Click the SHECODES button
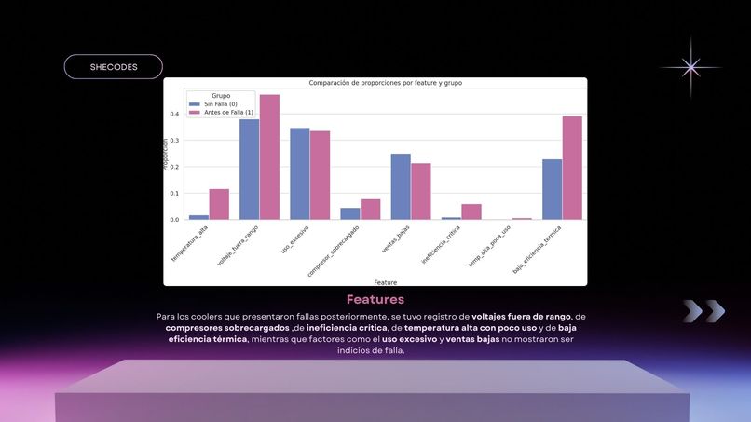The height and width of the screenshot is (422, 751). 113,67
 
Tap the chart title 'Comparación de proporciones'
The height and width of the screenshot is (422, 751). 385,83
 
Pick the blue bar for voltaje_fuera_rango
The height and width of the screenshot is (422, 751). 249,169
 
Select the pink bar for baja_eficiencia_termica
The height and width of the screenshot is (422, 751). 572,168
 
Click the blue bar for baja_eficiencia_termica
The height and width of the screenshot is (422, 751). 552,189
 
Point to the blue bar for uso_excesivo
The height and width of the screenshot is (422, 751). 299,173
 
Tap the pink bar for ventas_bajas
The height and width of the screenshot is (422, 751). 421,191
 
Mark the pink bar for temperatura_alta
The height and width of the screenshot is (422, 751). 219,204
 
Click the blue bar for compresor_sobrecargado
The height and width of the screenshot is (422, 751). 349,213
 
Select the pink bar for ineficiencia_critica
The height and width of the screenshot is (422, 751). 471,211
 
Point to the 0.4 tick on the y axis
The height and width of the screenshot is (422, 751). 174,115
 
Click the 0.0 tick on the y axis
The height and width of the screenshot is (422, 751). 174,220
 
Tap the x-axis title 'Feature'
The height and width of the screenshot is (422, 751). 385,281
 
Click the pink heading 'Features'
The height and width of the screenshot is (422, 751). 375,300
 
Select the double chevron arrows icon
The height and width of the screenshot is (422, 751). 703,311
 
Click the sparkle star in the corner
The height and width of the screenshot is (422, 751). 690,67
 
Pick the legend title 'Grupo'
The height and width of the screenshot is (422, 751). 221,95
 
